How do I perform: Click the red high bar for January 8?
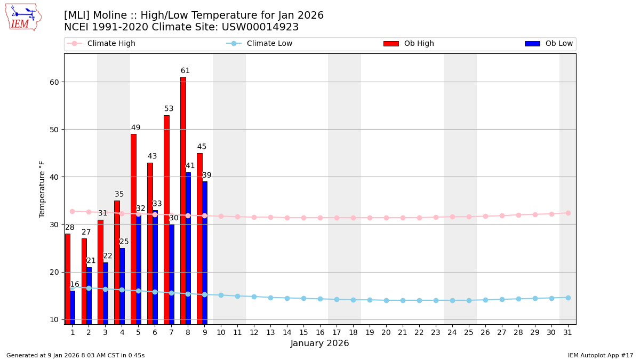click(183, 200)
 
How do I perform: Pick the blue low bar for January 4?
click(122, 285)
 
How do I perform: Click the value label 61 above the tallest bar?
click(185, 71)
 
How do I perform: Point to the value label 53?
click(169, 109)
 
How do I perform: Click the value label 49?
click(135, 128)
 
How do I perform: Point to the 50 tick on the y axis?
click(54, 130)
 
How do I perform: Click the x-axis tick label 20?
click(386, 332)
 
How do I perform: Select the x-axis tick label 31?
click(567, 332)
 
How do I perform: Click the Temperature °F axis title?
click(42, 189)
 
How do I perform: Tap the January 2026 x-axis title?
click(319, 343)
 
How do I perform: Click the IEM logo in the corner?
click(23, 17)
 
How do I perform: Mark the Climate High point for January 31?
click(568, 213)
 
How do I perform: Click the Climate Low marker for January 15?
click(303, 298)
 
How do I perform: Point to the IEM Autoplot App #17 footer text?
click(600, 355)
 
